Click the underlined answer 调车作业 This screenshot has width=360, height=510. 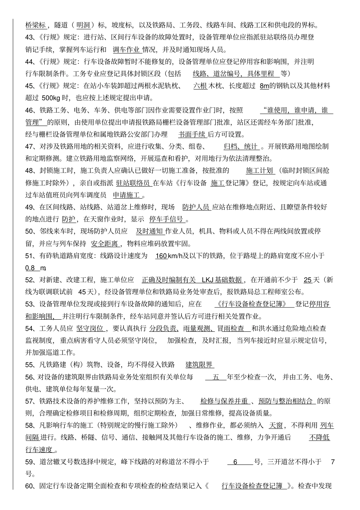(126, 50)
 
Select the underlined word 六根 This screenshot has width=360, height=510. (200, 86)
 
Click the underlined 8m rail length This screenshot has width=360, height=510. (264, 86)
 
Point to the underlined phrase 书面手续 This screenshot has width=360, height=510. (192, 135)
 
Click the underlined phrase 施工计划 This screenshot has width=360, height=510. (260, 171)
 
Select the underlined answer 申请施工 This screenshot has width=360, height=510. (127, 195)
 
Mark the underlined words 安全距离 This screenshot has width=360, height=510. (105, 244)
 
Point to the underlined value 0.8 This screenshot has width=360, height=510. (30, 268)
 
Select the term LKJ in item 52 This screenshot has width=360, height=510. (207, 280)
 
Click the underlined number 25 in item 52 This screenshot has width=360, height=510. (308, 280)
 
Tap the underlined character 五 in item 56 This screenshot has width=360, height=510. (216, 377)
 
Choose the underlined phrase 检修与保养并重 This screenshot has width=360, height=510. (224, 402)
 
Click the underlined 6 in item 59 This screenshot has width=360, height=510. (235, 462)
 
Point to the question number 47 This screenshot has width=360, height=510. (30, 147)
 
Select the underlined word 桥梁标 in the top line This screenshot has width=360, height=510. (36, 25)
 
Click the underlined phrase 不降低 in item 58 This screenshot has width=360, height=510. (319, 438)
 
